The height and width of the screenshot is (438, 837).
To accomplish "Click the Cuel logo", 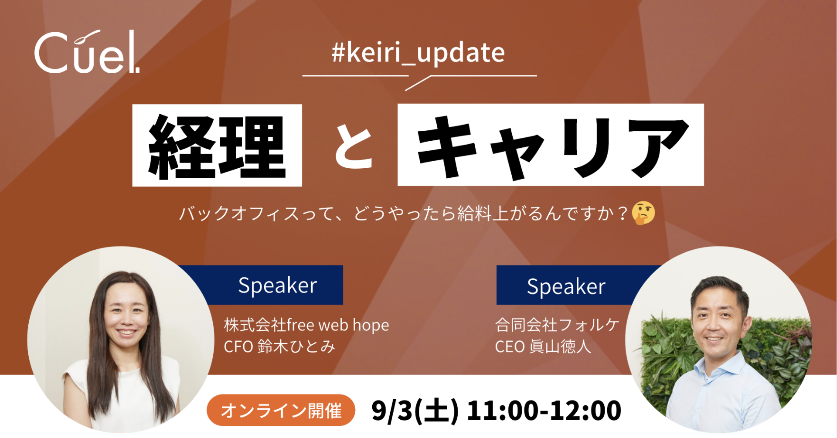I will coord(86,53).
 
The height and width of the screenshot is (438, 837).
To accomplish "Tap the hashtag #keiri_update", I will coord(418,53).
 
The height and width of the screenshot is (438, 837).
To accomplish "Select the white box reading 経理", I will coord(217,146).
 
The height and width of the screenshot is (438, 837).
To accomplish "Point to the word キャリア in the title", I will coord(550,146).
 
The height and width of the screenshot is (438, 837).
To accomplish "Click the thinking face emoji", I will coord(643,213).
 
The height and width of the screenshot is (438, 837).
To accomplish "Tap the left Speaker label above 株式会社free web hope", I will coord(277,285).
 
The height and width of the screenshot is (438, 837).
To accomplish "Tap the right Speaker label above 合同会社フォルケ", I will coord(566,286).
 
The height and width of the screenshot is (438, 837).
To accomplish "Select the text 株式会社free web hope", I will coord(306,325).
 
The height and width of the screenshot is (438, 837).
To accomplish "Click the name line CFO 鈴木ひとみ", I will coord(279,347).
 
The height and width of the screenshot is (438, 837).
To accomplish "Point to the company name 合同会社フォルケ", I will coord(557,325).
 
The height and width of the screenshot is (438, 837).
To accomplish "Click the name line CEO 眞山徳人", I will coord(543,347).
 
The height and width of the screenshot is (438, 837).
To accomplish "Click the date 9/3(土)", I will coord(415,411).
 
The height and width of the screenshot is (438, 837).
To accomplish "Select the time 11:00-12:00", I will coord(544,411).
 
